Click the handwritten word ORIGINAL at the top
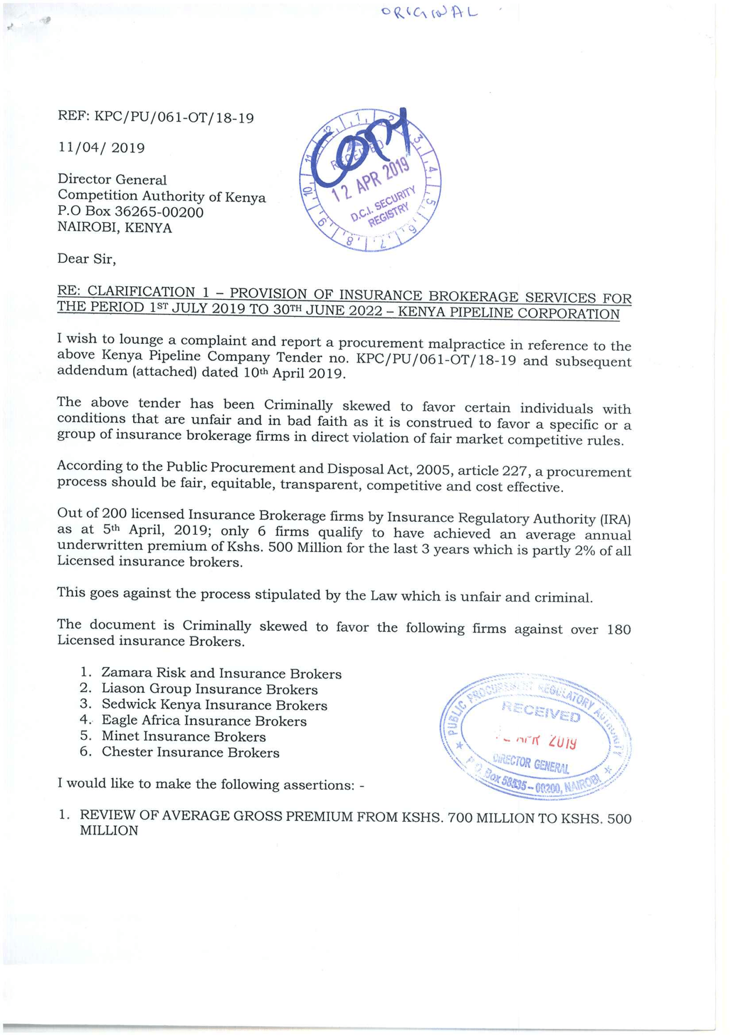coord(429,13)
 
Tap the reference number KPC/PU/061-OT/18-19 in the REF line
coord(174,118)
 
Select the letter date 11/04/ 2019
coord(101,148)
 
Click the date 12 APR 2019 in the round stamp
coord(371,180)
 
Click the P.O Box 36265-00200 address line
coord(131,212)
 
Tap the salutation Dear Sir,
coord(87,260)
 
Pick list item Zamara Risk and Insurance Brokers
coord(221,673)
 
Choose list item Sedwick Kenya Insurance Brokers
coord(214,705)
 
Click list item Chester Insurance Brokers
coord(190,752)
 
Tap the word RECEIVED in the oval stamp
coord(541,712)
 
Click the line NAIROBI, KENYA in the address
coord(115,228)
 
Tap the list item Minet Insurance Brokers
coord(183,737)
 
